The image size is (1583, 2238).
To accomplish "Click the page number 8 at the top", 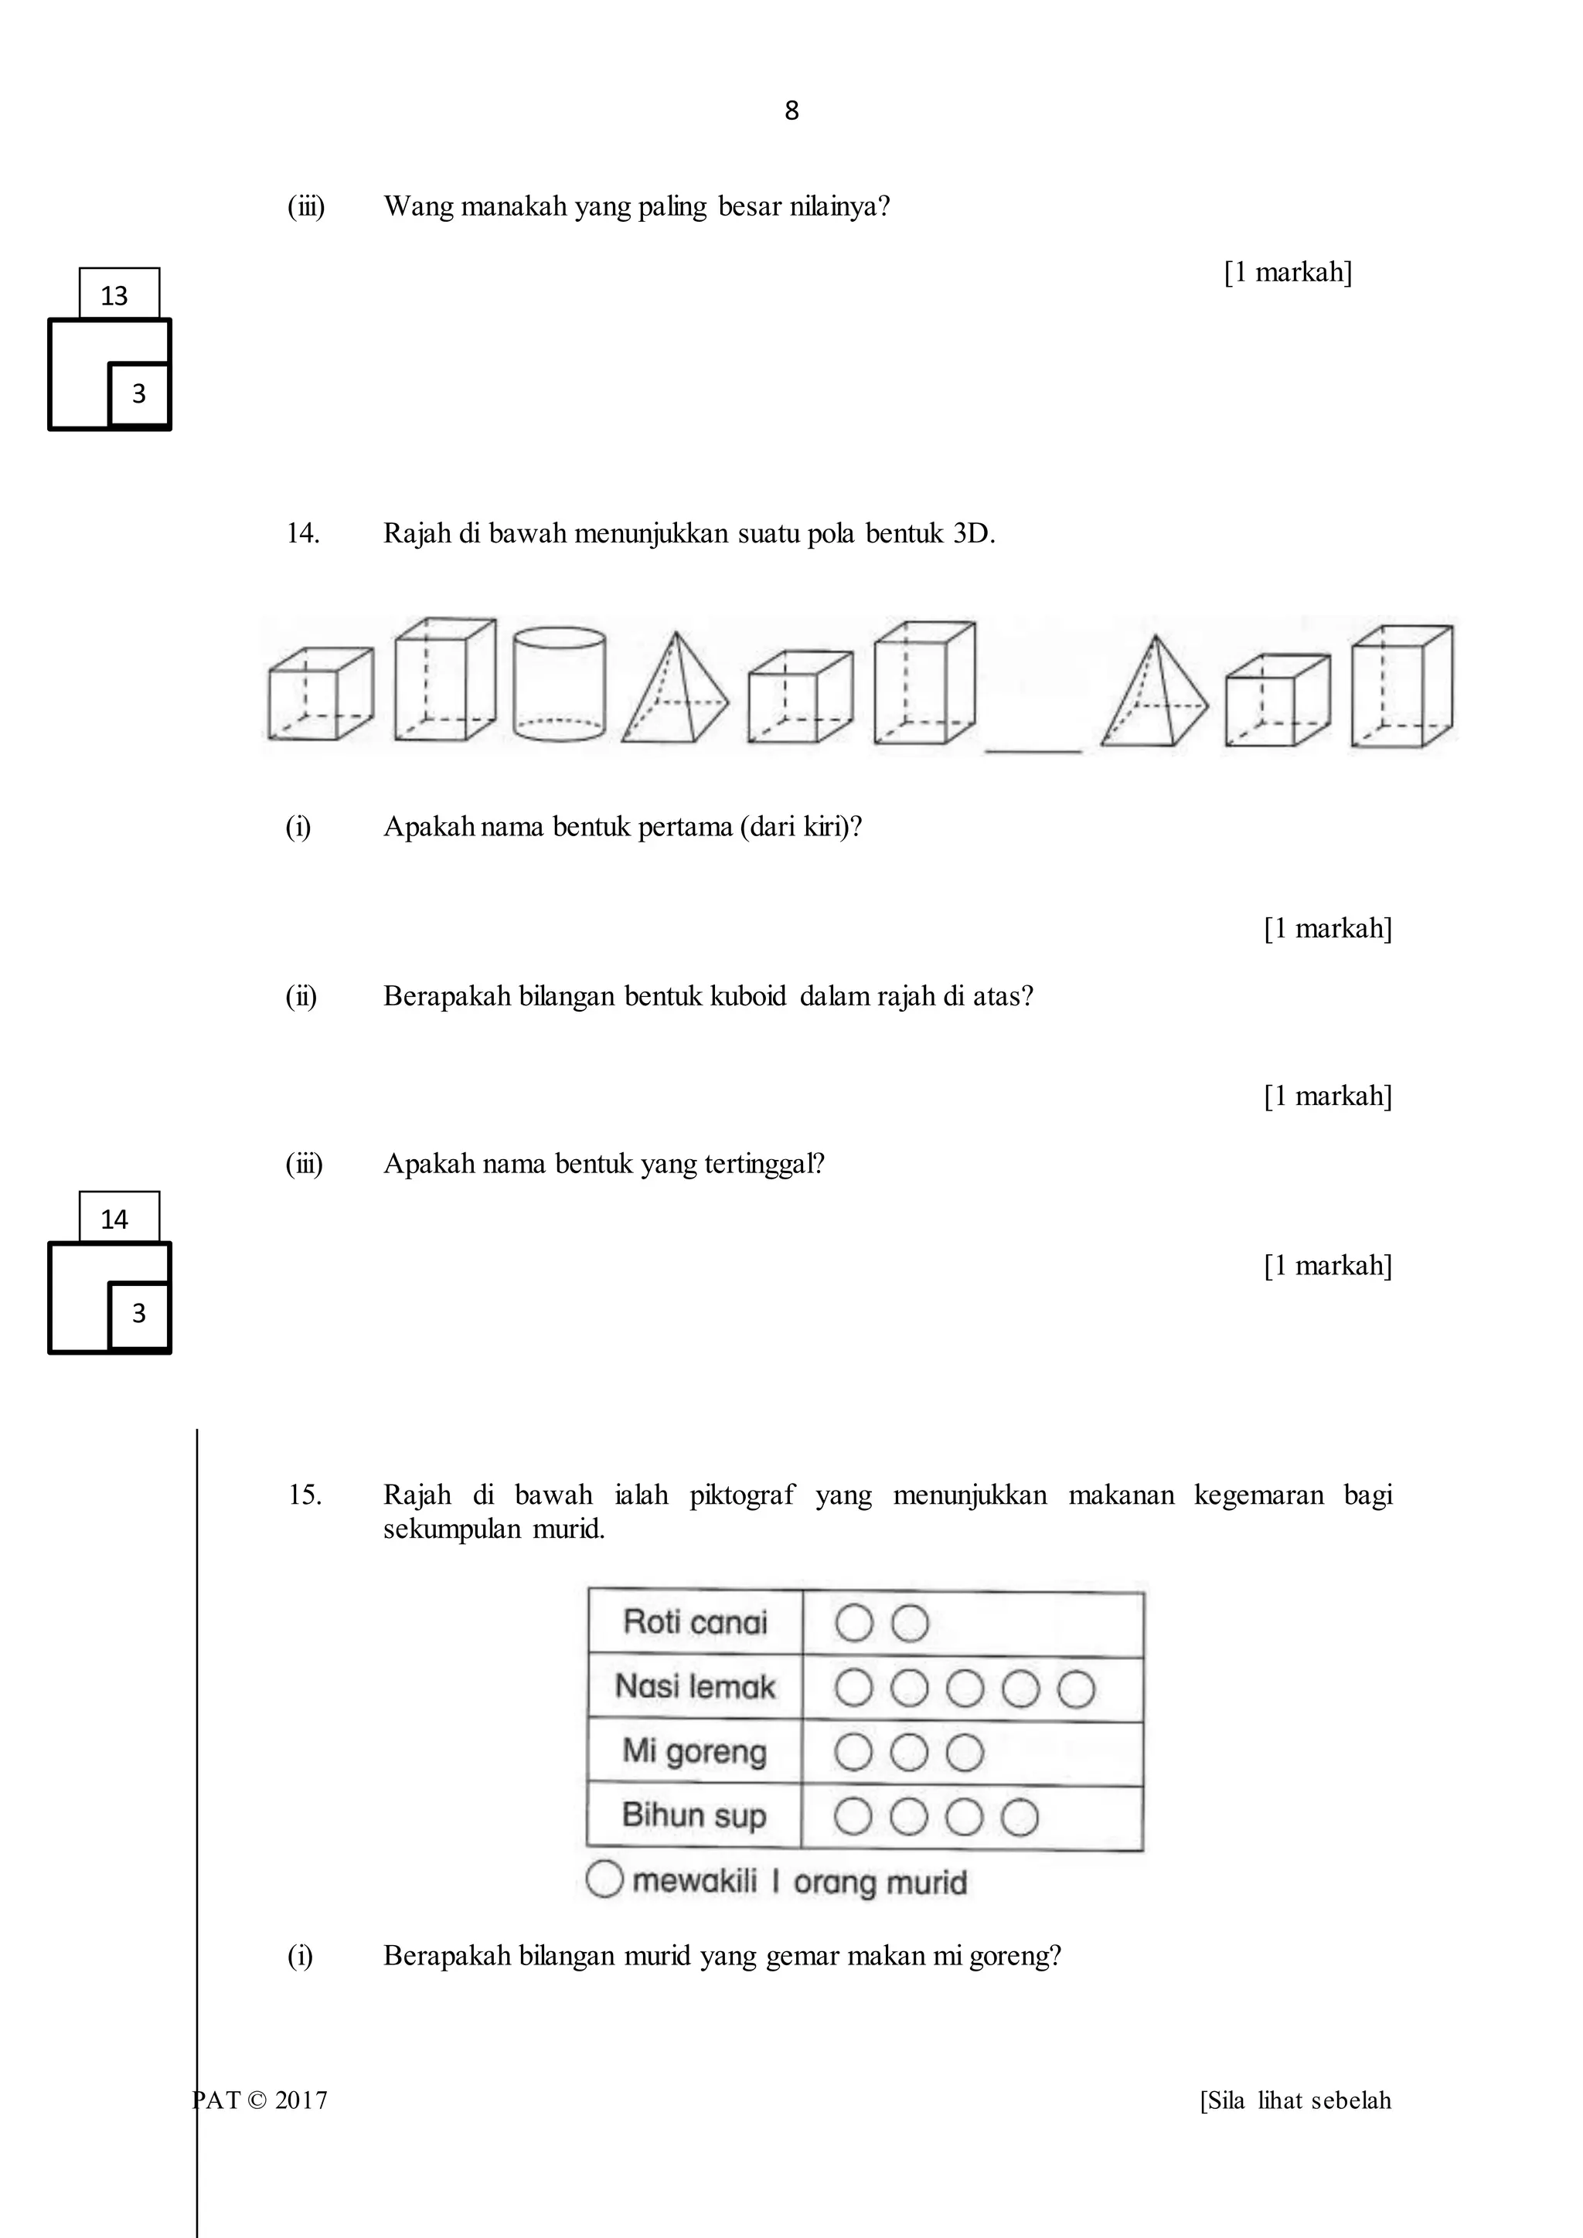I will coord(791,111).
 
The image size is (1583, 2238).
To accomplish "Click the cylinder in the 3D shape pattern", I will coord(559,683).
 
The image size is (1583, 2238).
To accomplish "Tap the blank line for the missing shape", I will coord(1033,749).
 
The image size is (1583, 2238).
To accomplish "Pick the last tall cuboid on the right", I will coord(1401,686).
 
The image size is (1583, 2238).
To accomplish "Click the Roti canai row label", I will coord(695,1622).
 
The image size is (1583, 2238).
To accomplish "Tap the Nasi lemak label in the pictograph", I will coord(695,1686).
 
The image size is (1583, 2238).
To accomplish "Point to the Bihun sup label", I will coord(695,1816).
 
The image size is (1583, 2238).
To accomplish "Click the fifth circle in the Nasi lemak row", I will coord(1076,1689).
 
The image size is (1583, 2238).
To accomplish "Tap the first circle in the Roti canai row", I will coord(854,1623).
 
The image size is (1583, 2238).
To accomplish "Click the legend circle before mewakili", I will coord(604,1879).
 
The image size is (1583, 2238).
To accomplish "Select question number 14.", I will coord(302,533).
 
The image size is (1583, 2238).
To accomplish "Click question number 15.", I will coord(304,1495).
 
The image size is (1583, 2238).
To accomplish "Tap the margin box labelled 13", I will coord(118,294).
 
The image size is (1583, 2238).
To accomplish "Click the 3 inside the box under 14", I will coord(138,1314).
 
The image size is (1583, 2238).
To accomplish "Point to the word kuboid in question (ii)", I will coord(747,996).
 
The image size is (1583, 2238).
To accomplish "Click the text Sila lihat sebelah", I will coord(1295,2100).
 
